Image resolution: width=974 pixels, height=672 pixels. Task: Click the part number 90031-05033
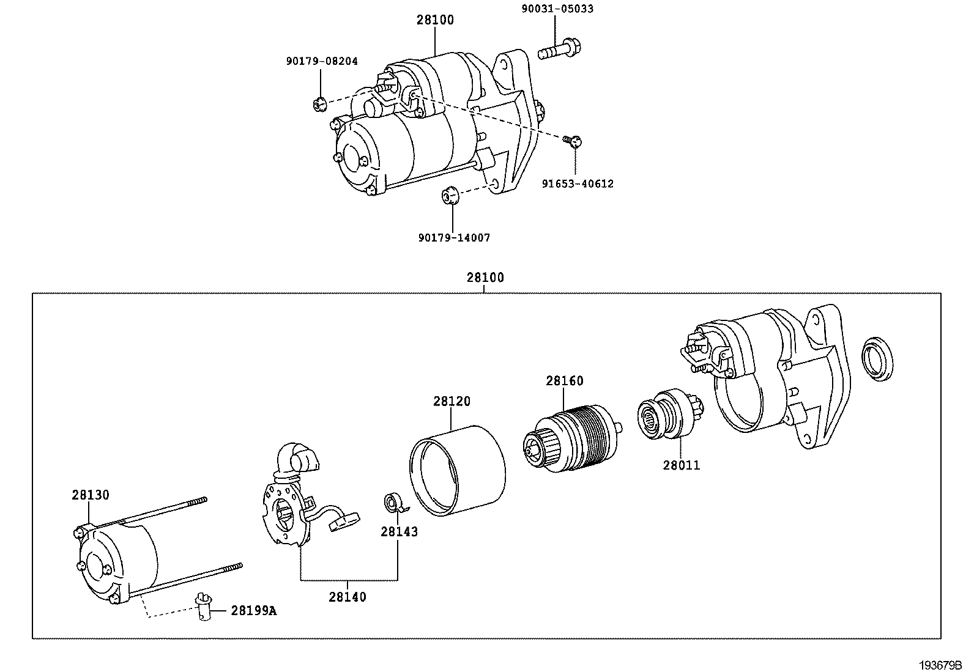[x=549, y=9]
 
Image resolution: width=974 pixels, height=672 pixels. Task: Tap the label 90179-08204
[x=322, y=61]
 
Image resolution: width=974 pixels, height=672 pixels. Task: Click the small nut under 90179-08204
[x=318, y=104]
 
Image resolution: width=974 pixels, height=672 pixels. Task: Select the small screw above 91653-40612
[x=573, y=142]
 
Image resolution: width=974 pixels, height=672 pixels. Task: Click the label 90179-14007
[x=454, y=238]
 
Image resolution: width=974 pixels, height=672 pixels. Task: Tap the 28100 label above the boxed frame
[x=485, y=278]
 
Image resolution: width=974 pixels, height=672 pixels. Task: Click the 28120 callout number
[x=452, y=402]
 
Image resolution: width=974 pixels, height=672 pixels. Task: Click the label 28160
[x=565, y=381]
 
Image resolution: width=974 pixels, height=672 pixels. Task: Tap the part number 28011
[x=681, y=465]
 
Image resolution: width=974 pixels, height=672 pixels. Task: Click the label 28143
[x=399, y=532]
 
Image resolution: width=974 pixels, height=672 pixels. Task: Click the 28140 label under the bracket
[x=348, y=597]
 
